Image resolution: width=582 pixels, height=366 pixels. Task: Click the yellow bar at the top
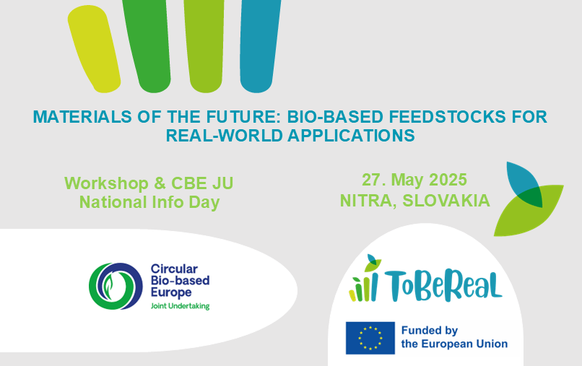pos(94,48)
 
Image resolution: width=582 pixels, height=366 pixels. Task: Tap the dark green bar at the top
pos(147,45)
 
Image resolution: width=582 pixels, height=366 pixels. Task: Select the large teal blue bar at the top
pos(260,45)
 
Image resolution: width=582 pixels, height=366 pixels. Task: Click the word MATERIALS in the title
pos(82,116)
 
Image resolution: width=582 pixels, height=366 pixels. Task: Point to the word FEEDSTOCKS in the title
pos(447,116)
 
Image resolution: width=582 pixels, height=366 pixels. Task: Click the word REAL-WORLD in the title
pos(224,136)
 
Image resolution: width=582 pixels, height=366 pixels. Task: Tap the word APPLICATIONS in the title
pos(351,136)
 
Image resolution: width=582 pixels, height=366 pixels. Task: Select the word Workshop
pos(107,183)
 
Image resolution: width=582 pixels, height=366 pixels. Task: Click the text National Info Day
pos(149,202)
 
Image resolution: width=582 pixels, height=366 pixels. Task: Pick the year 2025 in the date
pos(448,180)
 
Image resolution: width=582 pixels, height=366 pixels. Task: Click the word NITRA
pos(369,201)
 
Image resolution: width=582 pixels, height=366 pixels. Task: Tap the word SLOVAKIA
pos(446,201)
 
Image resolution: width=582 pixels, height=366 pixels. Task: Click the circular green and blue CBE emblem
pos(116,286)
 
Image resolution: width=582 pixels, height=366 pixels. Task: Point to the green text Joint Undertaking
pos(180,306)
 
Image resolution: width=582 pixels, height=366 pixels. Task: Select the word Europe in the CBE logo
pos(171,293)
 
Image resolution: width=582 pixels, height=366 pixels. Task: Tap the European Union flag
pos(370,338)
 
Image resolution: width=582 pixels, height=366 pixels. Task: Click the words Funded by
pos(430,331)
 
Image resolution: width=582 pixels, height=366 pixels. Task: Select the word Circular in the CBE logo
pos(174,269)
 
